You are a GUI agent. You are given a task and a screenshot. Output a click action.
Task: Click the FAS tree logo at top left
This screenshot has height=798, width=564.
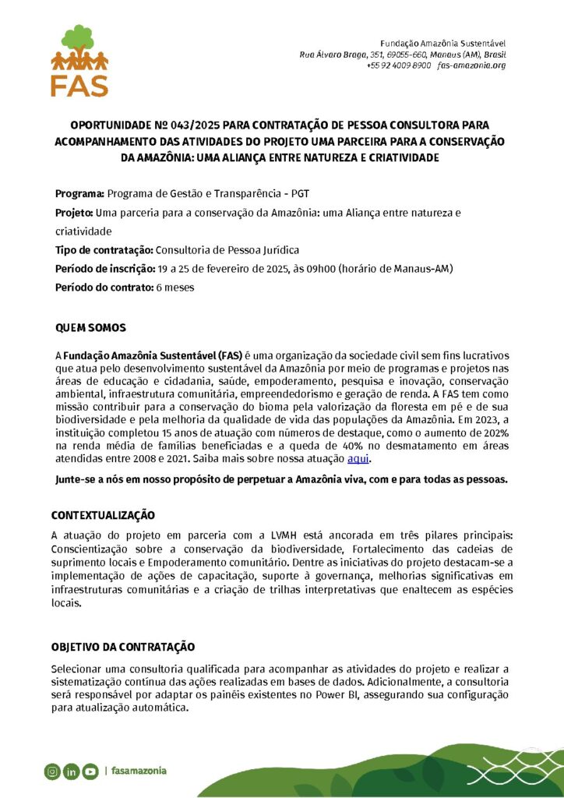pyautogui.click(x=79, y=60)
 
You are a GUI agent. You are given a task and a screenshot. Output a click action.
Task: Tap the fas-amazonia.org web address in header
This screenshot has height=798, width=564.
pyautogui.click(x=472, y=65)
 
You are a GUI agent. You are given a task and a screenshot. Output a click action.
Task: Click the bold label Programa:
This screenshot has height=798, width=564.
pyautogui.click(x=79, y=193)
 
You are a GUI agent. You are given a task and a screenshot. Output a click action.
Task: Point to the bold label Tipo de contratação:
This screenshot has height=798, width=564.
pyautogui.click(x=104, y=250)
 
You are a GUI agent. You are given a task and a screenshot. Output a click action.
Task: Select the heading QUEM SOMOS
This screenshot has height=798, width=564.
pyautogui.click(x=90, y=327)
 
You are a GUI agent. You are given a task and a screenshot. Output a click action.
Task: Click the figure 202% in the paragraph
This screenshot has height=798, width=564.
pyautogui.click(x=495, y=433)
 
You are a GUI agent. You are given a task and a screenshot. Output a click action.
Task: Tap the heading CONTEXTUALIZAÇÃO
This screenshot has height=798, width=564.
pyautogui.click(x=103, y=516)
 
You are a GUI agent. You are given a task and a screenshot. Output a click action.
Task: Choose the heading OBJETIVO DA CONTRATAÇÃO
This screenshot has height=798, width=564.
pyautogui.click(x=122, y=648)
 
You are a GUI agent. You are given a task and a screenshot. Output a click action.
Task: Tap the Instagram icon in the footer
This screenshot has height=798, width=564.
pyautogui.click(x=51, y=772)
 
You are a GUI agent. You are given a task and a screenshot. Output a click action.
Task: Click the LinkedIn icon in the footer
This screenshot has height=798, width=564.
pyautogui.click(x=71, y=772)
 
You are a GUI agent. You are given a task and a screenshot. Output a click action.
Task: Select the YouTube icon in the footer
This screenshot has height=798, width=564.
pyautogui.click(x=90, y=772)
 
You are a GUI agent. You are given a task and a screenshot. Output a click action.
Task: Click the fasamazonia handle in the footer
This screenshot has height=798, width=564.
pyautogui.click(x=139, y=771)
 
